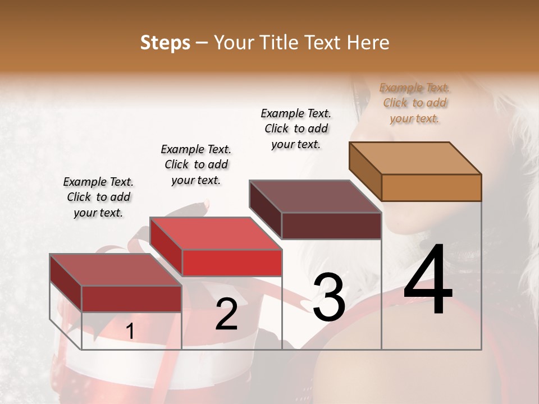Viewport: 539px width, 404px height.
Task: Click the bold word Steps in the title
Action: pyautogui.click(x=165, y=43)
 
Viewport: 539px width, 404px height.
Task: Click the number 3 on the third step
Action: pyautogui.click(x=329, y=297)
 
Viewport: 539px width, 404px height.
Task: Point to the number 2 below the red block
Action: pyautogui.click(x=226, y=314)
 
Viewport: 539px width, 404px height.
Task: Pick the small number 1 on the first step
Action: pyautogui.click(x=130, y=332)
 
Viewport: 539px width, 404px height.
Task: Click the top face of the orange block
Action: pyautogui.click(x=415, y=158)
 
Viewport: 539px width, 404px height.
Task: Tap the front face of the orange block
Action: pyautogui.click(x=431, y=187)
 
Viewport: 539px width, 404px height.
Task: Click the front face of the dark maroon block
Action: pyautogui.click(x=331, y=226)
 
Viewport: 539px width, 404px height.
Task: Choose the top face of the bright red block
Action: pyautogui.click(x=216, y=233)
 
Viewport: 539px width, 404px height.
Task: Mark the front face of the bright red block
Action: pyautogui.click(x=232, y=263)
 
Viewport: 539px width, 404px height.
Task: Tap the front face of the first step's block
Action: pyautogui.click(x=131, y=299)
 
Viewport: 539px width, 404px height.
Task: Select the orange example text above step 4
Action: pyautogui.click(x=414, y=103)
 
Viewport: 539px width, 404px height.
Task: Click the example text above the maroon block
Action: pyautogui.click(x=296, y=128)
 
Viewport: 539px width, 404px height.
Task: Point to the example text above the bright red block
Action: pyautogui.click(x=196, y=164)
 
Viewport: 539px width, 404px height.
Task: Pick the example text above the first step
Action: pyautogui.click(x=98, y=197)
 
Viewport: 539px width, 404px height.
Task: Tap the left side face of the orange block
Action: pyautogui.click(x=365, y=171)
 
